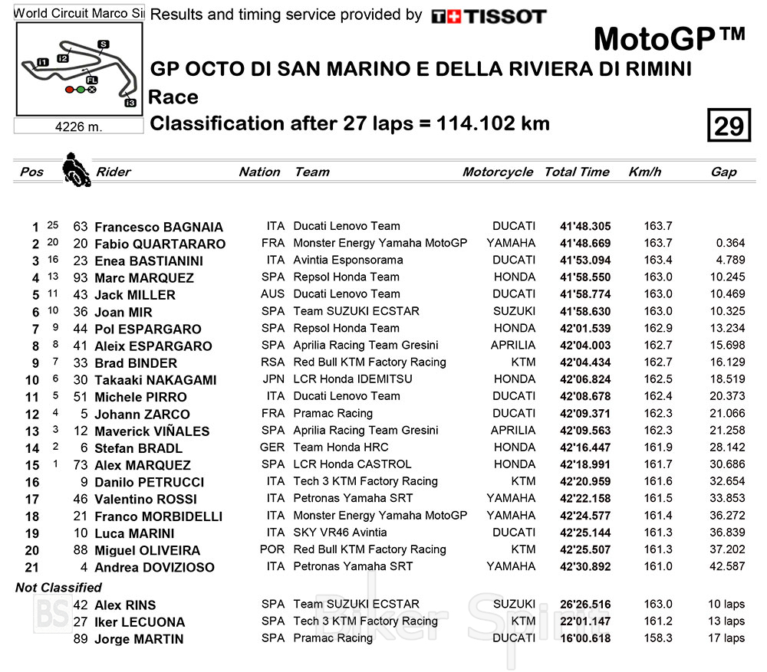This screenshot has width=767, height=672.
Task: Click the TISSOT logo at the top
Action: (x=489, y=16)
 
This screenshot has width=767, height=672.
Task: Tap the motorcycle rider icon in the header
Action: (x=74, y=169)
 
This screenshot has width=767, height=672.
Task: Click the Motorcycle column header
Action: (x=497, y=172)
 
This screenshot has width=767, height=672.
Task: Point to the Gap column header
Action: (x=723, y=172)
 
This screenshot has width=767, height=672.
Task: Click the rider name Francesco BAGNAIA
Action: (x=159, y=227)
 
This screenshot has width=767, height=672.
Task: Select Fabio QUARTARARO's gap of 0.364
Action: (x=729, y=244)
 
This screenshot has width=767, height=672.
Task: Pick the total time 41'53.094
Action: (x=585, y=261)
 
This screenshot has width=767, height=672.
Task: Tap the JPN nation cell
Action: (x=274, y=379)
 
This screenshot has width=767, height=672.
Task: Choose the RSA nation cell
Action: (x=274, y=362)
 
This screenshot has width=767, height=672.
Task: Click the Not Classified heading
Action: (x=59, y=588)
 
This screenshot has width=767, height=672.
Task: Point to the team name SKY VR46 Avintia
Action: (x=340, y=533)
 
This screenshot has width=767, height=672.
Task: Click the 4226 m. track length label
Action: (x=79, y=127)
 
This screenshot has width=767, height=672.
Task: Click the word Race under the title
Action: (x=173, y=97)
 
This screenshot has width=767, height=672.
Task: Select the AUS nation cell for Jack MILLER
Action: (x=274, y=294)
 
